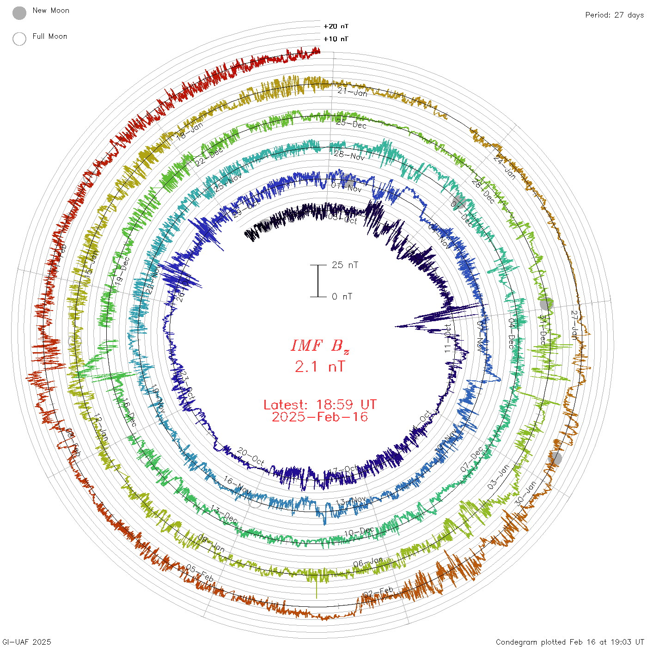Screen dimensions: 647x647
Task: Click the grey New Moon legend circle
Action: tap(19, 13)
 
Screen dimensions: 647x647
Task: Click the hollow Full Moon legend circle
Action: tap(19, 39)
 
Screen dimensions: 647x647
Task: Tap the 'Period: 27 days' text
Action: tap(614, 15)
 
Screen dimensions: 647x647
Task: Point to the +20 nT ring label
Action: tap(336, 26)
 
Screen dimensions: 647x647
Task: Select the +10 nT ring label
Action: tap(336, 39)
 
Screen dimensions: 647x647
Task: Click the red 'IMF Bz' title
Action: tap(320, 346)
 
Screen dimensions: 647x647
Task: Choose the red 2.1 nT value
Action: tap(320, 367)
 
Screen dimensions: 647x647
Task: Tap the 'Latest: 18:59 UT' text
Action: tap(320, 405)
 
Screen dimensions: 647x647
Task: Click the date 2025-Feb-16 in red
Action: tap(320, 417)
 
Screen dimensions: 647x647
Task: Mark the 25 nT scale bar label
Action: tap(345, 265)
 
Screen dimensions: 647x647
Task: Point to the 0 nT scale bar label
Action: tap(342, 297)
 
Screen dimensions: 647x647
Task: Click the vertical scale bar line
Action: tap(318, 281)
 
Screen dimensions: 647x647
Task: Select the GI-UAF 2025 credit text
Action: tap(26, 642)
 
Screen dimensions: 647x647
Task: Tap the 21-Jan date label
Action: tap(352, 92)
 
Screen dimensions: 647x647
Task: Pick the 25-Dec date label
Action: tap(351, 123)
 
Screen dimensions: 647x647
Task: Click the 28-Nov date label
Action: tap(349, 156)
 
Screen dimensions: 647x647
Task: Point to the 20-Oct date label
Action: tap(250, 457)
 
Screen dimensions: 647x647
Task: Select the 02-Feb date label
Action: tap(378, 592)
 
